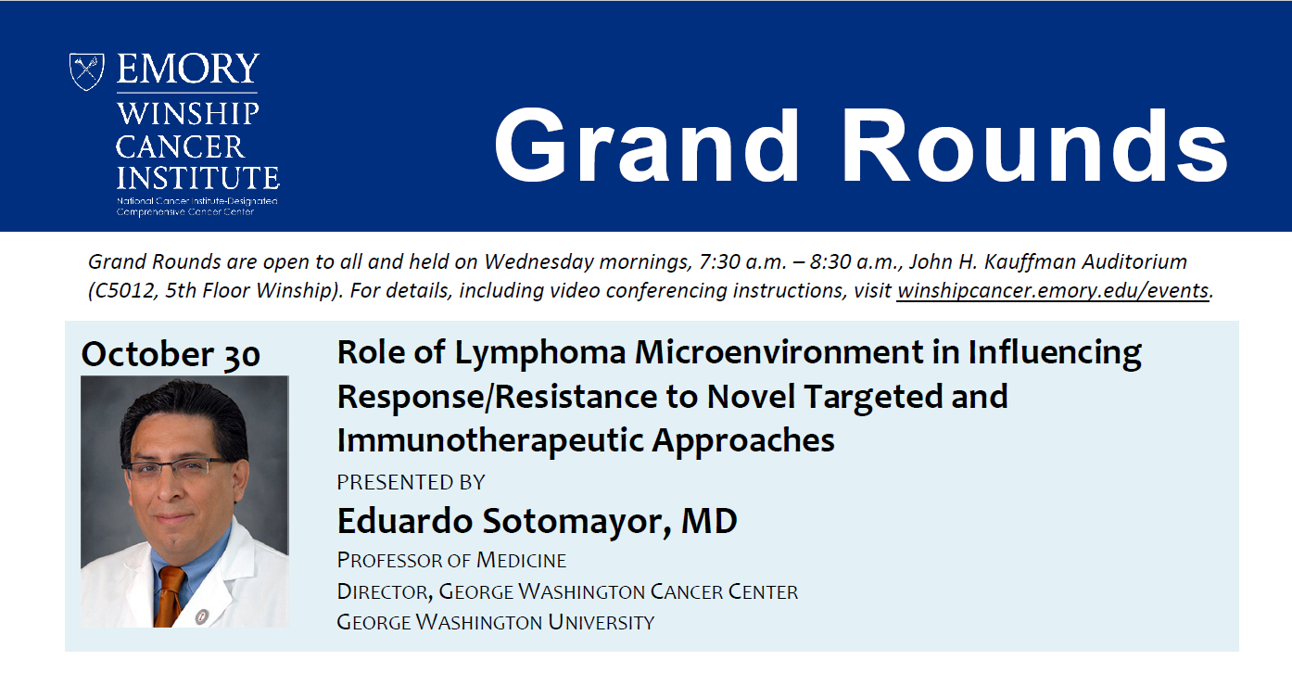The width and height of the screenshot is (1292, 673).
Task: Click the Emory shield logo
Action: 86,71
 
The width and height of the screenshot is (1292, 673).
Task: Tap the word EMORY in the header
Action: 188,69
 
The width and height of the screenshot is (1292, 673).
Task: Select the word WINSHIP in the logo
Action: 188,114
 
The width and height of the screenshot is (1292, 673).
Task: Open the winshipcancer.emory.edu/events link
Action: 1053,291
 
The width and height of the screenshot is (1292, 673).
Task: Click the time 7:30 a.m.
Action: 743,261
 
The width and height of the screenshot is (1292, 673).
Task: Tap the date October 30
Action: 171,354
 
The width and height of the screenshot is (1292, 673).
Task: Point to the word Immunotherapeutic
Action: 490,440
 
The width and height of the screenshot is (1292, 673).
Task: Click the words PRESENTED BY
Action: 411,482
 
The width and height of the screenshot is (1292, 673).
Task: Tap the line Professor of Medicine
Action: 451,560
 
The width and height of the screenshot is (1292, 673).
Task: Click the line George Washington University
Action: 496,622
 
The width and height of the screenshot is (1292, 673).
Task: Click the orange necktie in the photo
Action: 169,596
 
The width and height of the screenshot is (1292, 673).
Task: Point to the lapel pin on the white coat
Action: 201,616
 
